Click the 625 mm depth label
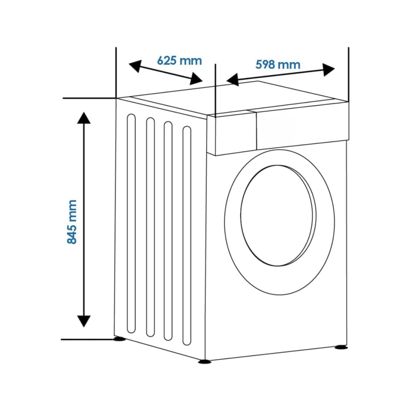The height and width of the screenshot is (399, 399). [x=179, y=61]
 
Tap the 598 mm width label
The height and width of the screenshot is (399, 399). [x=278, y=64]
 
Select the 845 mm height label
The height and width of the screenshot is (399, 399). [x=72, y=222]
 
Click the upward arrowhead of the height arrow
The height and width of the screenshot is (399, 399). [x=83, y=118]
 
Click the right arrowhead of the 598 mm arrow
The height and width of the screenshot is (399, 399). [x=329, y=69]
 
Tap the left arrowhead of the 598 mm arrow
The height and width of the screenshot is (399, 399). [x=232, y=80]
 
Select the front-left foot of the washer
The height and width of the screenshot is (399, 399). [x=203, y=361]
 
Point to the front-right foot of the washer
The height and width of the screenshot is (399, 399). [x=340, y=347]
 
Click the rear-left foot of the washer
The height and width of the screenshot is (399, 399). [x=119, y=339]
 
